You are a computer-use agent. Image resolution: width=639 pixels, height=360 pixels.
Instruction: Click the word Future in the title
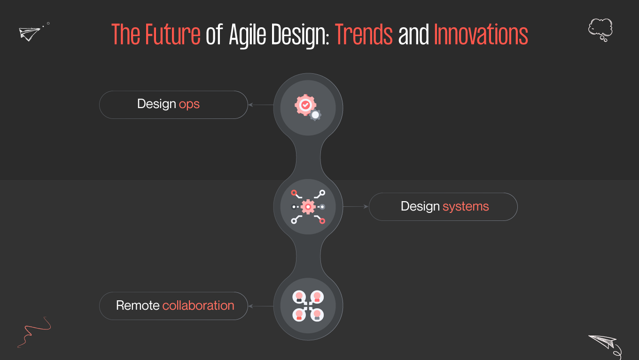pos(172,35)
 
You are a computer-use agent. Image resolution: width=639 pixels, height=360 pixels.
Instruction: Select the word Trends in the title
pos(364,35)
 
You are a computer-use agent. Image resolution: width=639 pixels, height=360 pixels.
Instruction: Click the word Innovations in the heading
pos(481,35)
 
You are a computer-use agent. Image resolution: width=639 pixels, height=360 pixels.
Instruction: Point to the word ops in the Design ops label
pos(189,104)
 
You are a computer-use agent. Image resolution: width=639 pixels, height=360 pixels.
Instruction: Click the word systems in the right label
pos(466,206)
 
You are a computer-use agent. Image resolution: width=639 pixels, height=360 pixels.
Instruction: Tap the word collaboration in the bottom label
pos(198,305)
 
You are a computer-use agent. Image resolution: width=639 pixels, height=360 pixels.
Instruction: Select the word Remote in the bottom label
pos(138,305)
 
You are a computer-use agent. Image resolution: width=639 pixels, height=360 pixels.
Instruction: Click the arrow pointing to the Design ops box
pos(260,105)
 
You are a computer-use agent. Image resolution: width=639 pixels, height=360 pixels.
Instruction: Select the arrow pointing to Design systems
pos(356,206)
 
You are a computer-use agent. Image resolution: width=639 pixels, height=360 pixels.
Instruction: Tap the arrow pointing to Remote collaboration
pos(260,306)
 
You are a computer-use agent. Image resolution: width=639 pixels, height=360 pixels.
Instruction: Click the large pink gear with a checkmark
pos(305,104)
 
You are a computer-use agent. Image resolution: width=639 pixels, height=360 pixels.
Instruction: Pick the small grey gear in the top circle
pos(316,115)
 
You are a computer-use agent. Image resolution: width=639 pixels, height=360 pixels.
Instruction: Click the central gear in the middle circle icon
pos(308,206)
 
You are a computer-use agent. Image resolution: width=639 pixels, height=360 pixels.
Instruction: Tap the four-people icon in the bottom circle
pos(308,305)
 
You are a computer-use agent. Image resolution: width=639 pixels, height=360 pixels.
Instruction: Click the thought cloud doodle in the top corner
pos(600,29)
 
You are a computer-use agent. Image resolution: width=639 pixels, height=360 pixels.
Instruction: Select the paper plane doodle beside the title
pos(30,33)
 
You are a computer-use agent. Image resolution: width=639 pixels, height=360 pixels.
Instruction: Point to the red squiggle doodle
pos(34,331)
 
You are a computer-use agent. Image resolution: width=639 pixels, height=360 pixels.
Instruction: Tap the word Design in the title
pos(294,35)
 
